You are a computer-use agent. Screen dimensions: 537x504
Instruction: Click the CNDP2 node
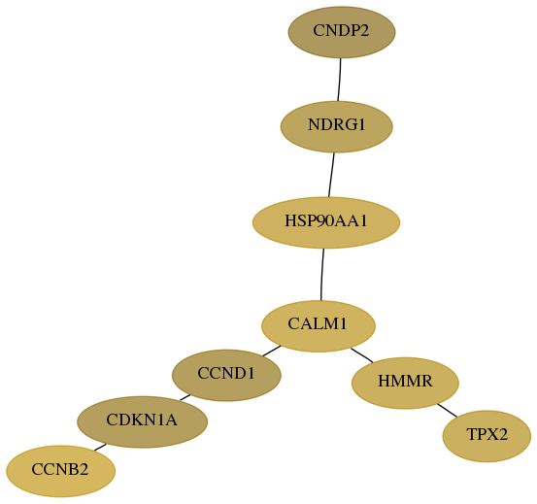click(x=342, y=32)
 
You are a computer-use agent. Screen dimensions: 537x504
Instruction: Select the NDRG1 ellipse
click(x=336, y=126)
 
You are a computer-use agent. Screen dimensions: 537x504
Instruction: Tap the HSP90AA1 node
click(x=326, y=222)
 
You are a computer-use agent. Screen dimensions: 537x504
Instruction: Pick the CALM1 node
click(x=319, y=326)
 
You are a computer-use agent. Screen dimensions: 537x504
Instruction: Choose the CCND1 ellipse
click(x=226, y=375)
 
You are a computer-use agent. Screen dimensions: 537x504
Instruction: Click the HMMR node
click(x=405, y=383)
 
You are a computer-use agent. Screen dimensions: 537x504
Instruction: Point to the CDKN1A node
click(x=142, y=421)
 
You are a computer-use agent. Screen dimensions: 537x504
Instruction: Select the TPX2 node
click(x=487, y=436)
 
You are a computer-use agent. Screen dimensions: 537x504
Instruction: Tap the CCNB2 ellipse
click(x=60, y=471)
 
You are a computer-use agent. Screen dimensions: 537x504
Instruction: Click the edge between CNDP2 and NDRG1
click(x=340, y=80)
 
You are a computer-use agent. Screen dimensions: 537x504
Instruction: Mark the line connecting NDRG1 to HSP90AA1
click(x=331, y=175)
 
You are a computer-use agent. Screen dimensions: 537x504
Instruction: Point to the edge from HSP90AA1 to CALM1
click(x=322, y=274)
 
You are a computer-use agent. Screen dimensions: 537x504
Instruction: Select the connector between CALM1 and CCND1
click(x=272, y=351)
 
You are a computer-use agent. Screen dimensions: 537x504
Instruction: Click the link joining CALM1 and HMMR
click(x=362, y=355)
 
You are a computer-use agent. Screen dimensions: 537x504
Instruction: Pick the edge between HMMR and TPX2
click(x=448, y=410)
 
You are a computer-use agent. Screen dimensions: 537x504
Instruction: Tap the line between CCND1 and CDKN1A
click(x=185, y=397)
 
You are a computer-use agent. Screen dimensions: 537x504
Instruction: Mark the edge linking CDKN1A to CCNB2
click(x=100, y=447)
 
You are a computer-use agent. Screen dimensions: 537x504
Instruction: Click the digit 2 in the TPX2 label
click(x=503, y=434)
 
